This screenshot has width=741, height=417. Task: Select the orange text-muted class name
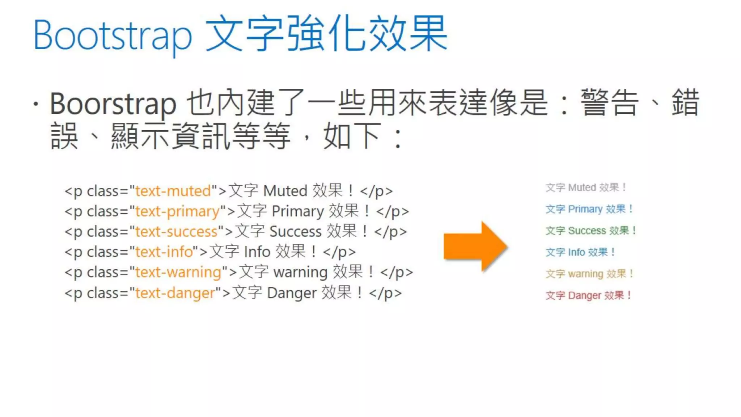[x=173, y=191]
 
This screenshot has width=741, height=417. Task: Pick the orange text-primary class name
[x=177, y=211]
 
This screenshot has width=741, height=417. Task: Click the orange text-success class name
[x=176, y=232]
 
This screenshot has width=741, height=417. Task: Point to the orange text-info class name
[x=164, y=252]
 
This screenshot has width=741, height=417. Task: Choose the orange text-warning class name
[x=178, y=272]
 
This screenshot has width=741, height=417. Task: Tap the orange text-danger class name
[x=175, y=293]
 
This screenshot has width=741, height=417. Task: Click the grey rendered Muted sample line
[x=585, y=188]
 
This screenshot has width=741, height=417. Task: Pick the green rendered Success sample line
[x=590, y=231]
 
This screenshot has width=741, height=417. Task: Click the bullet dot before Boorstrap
[x=35, y=104]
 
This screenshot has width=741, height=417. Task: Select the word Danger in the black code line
[x=292, y=293]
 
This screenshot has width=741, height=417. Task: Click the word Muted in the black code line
[x=285, y=191]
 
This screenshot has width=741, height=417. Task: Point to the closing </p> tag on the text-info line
[x=339, y=252]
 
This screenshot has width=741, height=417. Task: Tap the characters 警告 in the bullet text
[x=609, y=103]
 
